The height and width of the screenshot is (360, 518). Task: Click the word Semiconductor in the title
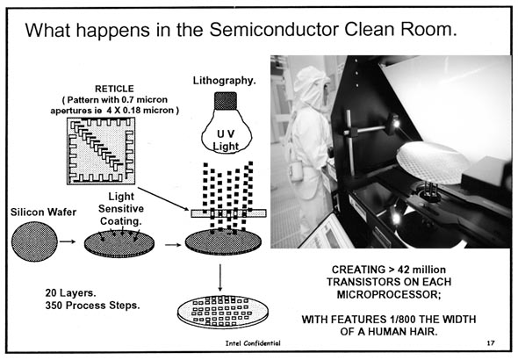(274, 30)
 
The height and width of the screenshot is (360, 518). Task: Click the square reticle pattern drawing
(101, 151)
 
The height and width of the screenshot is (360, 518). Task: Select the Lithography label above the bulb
(224, 81)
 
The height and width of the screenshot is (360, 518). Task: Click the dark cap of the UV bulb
(226, 101)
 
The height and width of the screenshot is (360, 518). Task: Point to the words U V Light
(226, 140)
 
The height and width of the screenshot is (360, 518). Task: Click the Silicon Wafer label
(43, 212)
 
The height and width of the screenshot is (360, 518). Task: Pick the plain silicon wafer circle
(34, 241)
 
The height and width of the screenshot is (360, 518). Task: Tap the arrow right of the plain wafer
(68, 241)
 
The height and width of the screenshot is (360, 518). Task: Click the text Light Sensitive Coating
(121, 209)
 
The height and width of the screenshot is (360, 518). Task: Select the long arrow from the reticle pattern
(163, 198)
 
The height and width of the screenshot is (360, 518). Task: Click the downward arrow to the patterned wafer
(220, 277)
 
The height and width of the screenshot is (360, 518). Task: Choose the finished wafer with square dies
(223, 312)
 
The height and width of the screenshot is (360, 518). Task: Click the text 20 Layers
(71, 293)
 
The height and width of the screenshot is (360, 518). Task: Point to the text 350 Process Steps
(92, 306)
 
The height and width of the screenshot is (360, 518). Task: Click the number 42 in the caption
(403, 270)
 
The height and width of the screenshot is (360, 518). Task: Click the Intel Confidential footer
(253, 343)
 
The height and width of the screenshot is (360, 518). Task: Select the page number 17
(491, 343)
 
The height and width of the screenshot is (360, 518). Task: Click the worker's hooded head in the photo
(312, 87)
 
